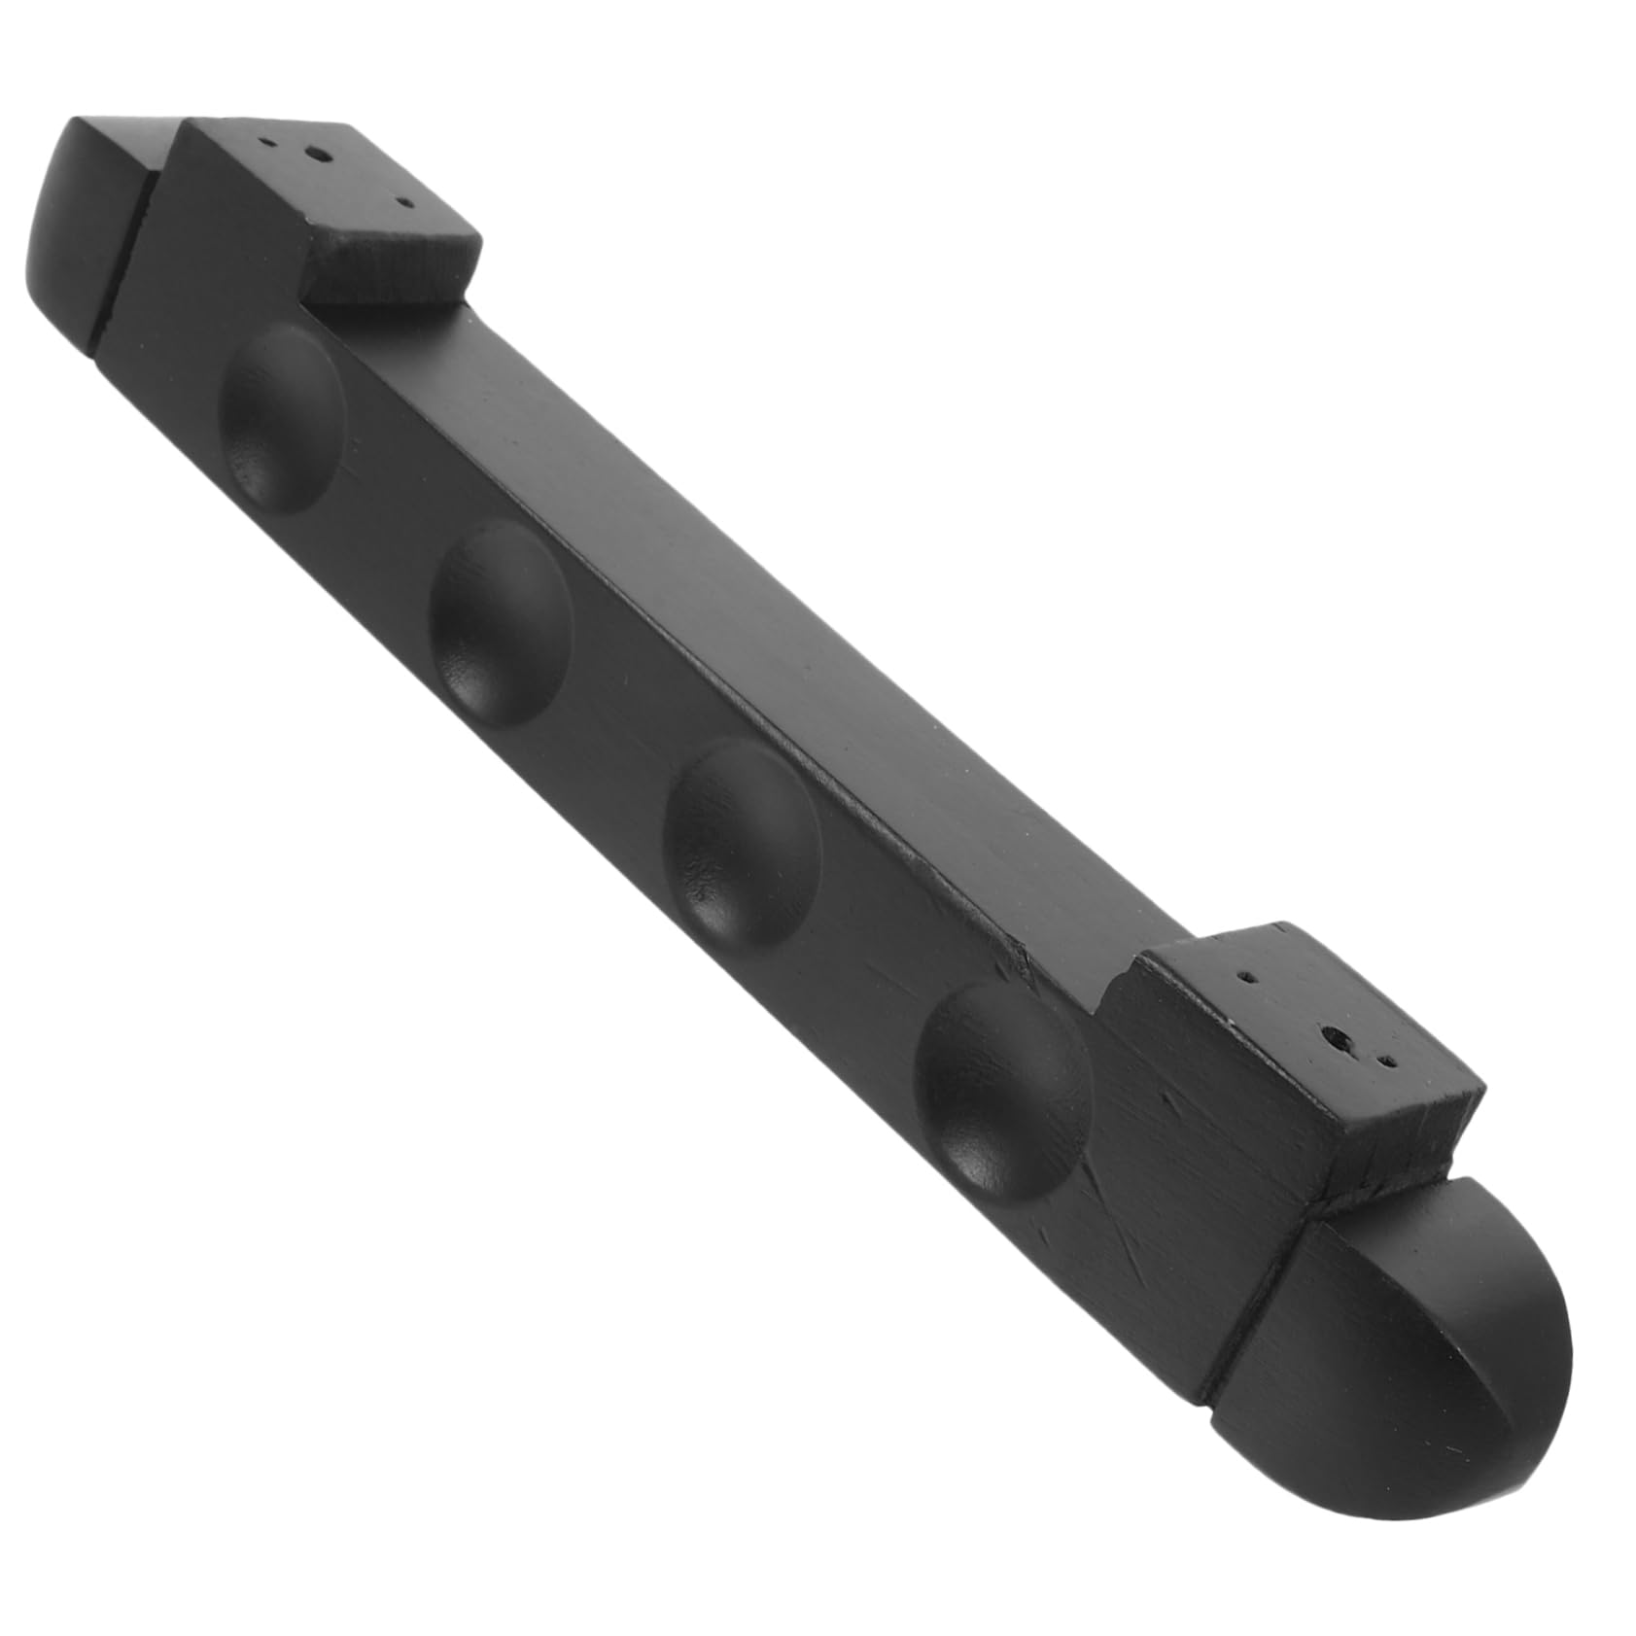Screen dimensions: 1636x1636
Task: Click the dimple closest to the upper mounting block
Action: (x=282, y=416)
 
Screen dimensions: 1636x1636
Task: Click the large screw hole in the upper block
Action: (x=314, y=153)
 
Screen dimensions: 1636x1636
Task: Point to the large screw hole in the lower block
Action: (x=1340, y=1038)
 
